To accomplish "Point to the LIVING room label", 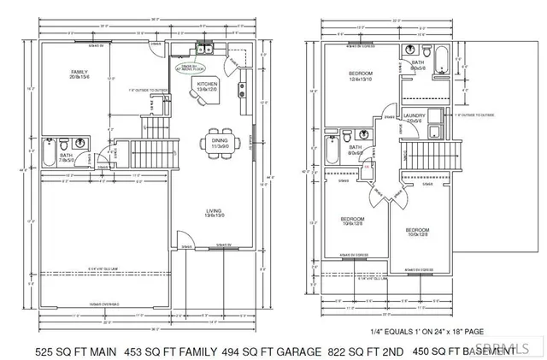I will [215, 213].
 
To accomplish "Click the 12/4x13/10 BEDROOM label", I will [360, 77].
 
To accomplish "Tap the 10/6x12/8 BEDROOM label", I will [352, 221].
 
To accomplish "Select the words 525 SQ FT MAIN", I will [74, 351].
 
